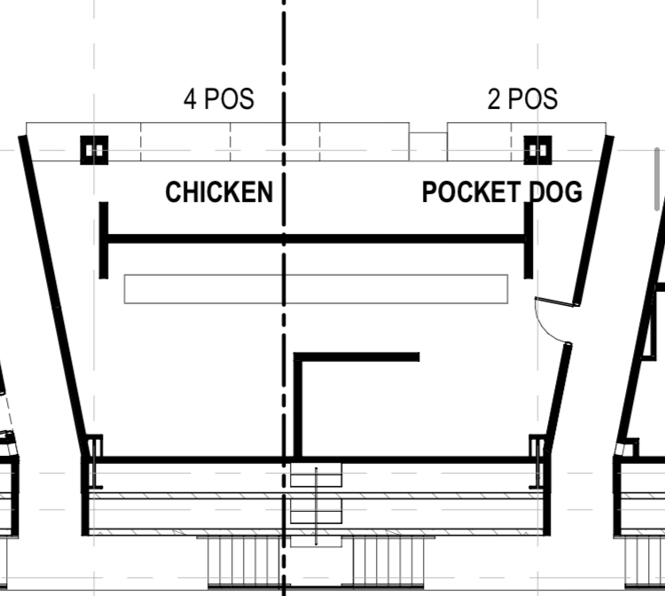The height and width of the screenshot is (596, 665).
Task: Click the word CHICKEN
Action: (219, 192)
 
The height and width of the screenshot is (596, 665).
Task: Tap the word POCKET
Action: (471, 192)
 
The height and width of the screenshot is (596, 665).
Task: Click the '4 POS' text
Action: (219, 98)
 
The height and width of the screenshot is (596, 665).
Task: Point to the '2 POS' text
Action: (522, 98)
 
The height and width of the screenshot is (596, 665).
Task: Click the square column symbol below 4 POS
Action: (94, 150)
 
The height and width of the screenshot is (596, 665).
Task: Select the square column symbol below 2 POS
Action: (538, 150)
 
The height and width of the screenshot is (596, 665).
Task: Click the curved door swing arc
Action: (545, 326)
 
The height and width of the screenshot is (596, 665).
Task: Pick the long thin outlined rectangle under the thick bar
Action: (316, 289)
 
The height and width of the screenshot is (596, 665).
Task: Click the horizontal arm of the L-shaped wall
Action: (356, 357)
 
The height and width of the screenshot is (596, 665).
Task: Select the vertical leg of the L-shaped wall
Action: (298, 405)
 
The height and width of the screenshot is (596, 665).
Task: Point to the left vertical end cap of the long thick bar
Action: (104, 240)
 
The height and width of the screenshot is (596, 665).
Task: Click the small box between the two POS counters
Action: (428, 146)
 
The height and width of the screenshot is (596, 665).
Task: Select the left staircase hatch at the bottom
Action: (245, 561)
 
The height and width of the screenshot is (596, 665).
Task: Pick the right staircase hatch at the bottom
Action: (388, 561)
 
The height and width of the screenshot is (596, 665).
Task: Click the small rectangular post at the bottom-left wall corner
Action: (94, 446)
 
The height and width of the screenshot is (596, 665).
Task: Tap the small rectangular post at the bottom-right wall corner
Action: (537, 446)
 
